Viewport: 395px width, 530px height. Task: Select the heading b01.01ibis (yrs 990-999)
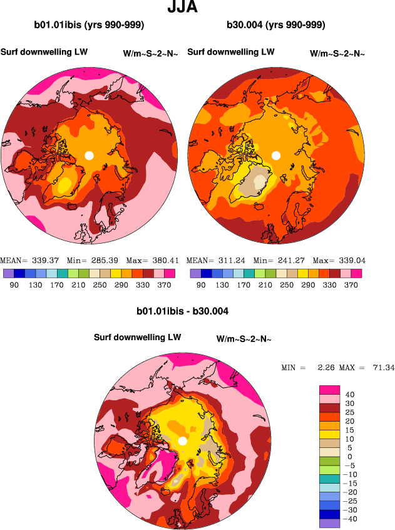click(x=90, y=26)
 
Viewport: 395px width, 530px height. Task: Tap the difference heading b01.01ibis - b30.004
click(x=182, y=311)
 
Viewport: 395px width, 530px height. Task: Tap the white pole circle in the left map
click(x=89, y=155)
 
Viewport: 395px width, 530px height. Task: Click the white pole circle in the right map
click(x=276, y=155)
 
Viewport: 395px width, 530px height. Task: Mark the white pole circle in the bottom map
click(x=182, y=441)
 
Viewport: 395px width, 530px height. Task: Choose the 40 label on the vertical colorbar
click(x=351, y=395)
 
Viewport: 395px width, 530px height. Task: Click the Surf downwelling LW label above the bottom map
click(x=137, y=337)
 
